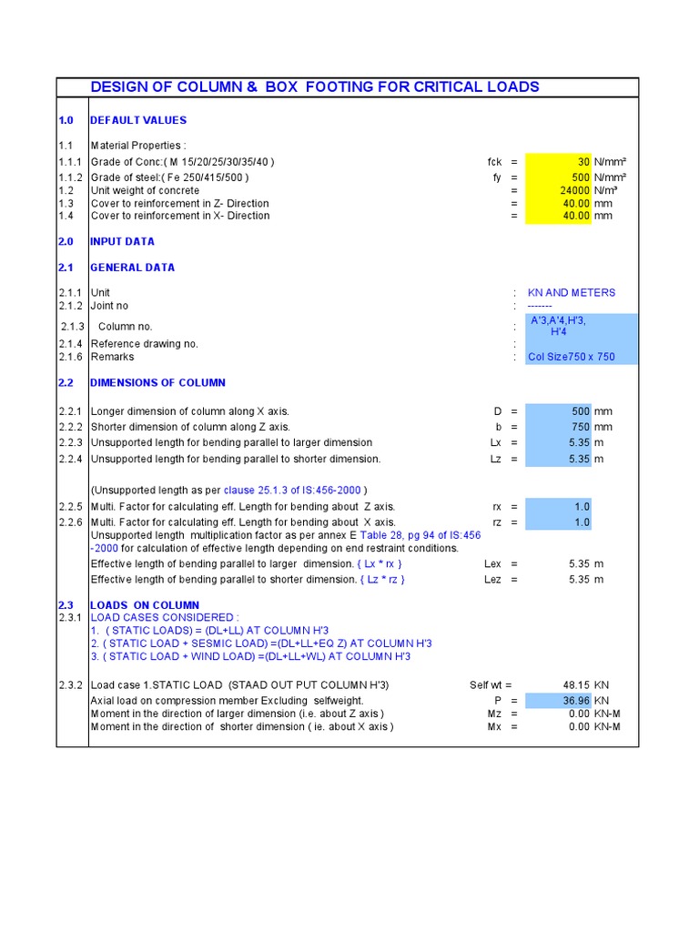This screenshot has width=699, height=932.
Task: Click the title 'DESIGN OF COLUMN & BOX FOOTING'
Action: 315,87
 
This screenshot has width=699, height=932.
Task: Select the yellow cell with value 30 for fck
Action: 558,162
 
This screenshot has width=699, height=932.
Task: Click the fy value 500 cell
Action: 558,177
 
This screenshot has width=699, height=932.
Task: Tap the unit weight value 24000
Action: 558,190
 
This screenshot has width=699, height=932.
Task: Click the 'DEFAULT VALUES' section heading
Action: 138,120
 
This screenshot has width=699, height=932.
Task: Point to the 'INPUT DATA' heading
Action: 122,242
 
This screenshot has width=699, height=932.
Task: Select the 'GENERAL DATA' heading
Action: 132,268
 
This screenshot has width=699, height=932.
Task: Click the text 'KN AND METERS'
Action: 572,293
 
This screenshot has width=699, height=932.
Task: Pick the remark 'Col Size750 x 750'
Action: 572,357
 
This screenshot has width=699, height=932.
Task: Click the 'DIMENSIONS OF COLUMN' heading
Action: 157,383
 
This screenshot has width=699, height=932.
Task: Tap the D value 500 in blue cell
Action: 558,411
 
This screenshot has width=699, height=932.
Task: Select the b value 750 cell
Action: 558,427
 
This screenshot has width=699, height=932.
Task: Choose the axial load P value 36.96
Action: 558,701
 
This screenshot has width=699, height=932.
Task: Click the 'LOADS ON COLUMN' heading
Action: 145,605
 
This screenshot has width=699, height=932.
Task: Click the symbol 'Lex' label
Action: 492,564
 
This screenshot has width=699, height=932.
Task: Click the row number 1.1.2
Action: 71,177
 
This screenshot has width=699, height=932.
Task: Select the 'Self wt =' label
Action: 491,685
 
